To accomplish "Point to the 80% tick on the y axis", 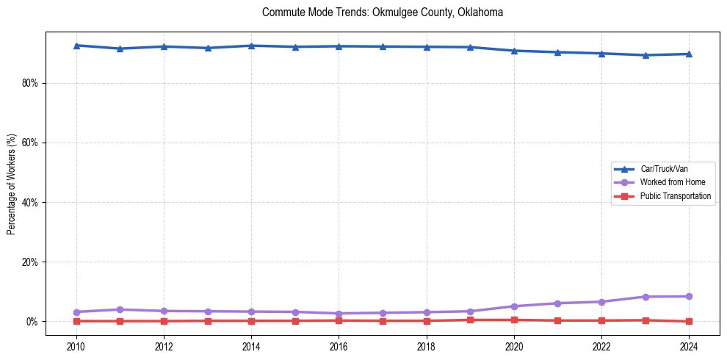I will point(30,83).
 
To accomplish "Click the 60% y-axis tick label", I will point(30,143).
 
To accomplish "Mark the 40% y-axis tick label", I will point(30,202).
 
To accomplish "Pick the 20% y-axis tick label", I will point(30,262).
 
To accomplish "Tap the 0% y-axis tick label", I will point(32,322).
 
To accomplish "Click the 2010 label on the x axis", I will point(76,346).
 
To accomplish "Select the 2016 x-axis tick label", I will point(339,346).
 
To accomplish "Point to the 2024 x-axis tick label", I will point(689,346).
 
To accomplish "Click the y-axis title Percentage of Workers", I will point(12,183).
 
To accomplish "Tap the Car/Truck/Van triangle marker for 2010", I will point(76,46).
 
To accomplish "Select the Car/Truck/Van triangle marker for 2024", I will point(689,54).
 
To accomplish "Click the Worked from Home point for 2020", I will point(514,306).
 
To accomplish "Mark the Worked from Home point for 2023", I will point(645,297).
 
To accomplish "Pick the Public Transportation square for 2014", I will point(251,321).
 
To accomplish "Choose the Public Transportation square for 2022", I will point(601,320).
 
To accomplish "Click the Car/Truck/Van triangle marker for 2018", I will point(427,47).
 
